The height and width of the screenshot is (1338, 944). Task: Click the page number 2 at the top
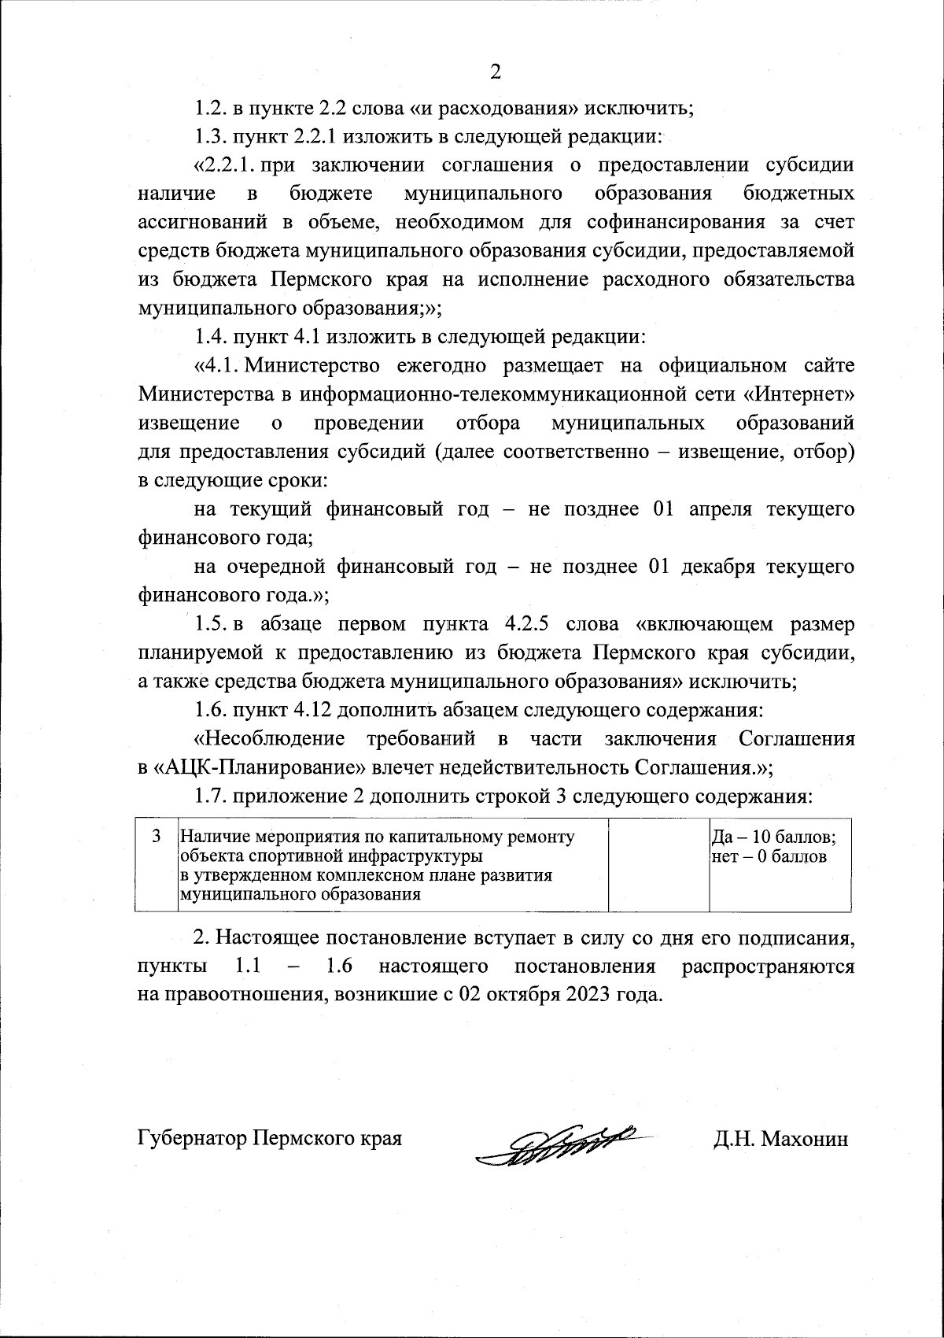click(495, 72)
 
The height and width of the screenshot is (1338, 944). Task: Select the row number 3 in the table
click(156, 836)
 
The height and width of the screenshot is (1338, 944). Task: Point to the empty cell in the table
click(659, 866)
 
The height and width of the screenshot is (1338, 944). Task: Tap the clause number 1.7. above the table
click(211, 796)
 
